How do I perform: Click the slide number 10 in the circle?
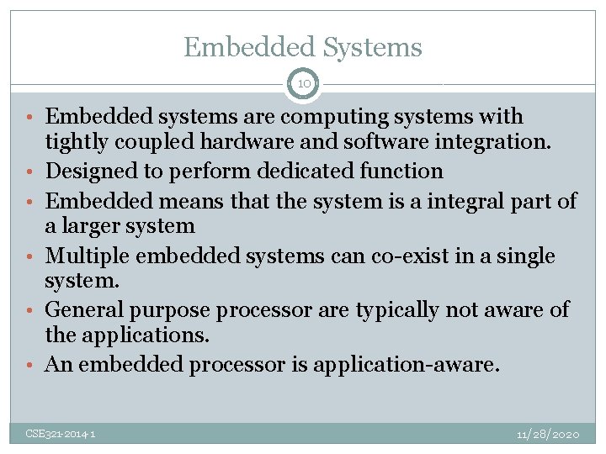(303, 84)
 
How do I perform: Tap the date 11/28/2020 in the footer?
(547, 434)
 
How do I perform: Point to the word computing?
(297, 117)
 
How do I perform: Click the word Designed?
(87, 172)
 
